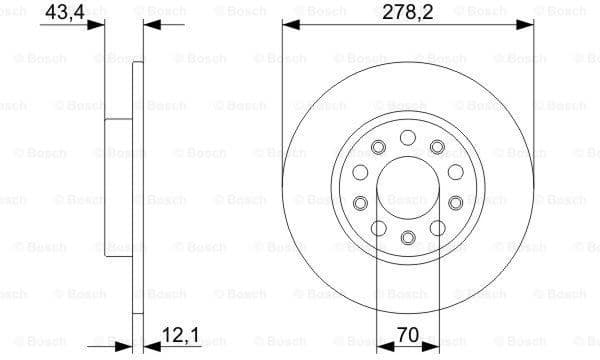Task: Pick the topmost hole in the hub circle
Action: tap(407, 137)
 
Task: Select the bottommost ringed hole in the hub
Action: tap(407, 238)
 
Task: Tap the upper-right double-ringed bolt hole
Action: tap(437, 148)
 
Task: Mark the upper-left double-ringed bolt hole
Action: tap(377, 148)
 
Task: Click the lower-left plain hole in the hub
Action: tap(377, 228)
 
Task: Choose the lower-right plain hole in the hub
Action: tap(438, 228)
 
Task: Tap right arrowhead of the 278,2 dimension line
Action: tap(527, 27)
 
